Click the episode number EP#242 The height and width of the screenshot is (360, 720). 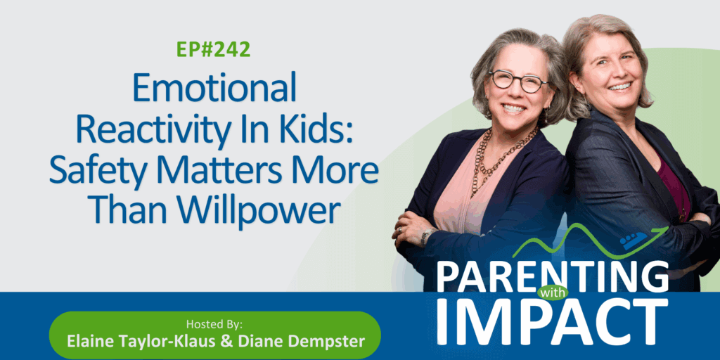click(214, 50)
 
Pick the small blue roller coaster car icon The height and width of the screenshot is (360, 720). click(633, 240)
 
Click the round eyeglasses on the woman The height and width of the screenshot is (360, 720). click(518, 82)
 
